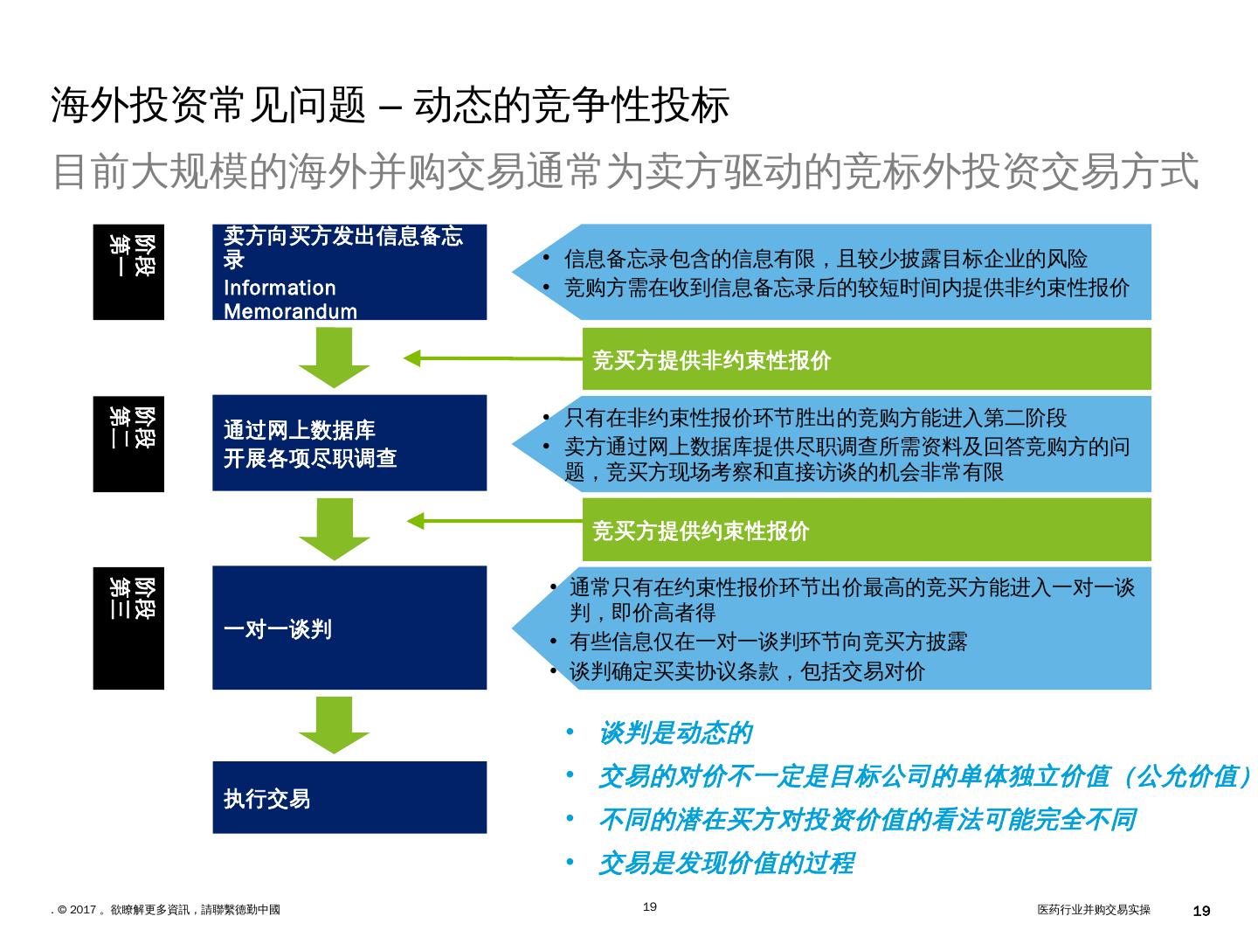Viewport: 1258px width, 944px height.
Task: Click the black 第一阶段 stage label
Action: [x=128, y=272]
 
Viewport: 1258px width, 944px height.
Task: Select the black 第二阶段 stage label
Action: [x=128, y=443]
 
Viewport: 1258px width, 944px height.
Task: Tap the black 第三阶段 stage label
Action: [x=128, y=628]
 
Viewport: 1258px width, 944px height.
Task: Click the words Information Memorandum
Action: [x=290, y=300]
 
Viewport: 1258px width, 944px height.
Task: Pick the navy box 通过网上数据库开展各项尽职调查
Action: [x=349, y=443]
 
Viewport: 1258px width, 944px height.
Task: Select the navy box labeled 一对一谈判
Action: [x=349, y=628]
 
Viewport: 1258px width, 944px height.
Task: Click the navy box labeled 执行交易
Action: [x=349, y=797]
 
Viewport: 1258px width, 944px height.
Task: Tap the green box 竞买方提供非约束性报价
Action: [x=866, y=359]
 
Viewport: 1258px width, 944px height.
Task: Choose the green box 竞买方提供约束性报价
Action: [x=866, y=530]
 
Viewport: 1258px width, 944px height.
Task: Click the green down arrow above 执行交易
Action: [x=334, y=724]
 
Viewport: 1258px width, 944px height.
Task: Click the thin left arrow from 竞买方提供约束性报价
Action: [x=494, y=521]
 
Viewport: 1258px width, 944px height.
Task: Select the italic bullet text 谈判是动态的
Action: [x=674, y=733]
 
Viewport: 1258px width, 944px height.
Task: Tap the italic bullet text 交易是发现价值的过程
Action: [x=725, y=864]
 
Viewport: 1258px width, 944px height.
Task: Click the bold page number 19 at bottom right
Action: [x=1201, y=911]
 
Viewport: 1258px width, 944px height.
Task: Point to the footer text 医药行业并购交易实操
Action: [x=1093, y=910]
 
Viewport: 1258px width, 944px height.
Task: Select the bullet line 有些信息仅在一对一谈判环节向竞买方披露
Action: [x=768, y=642]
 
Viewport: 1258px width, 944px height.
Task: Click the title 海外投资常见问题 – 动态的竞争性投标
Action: [x=390, y=107]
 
